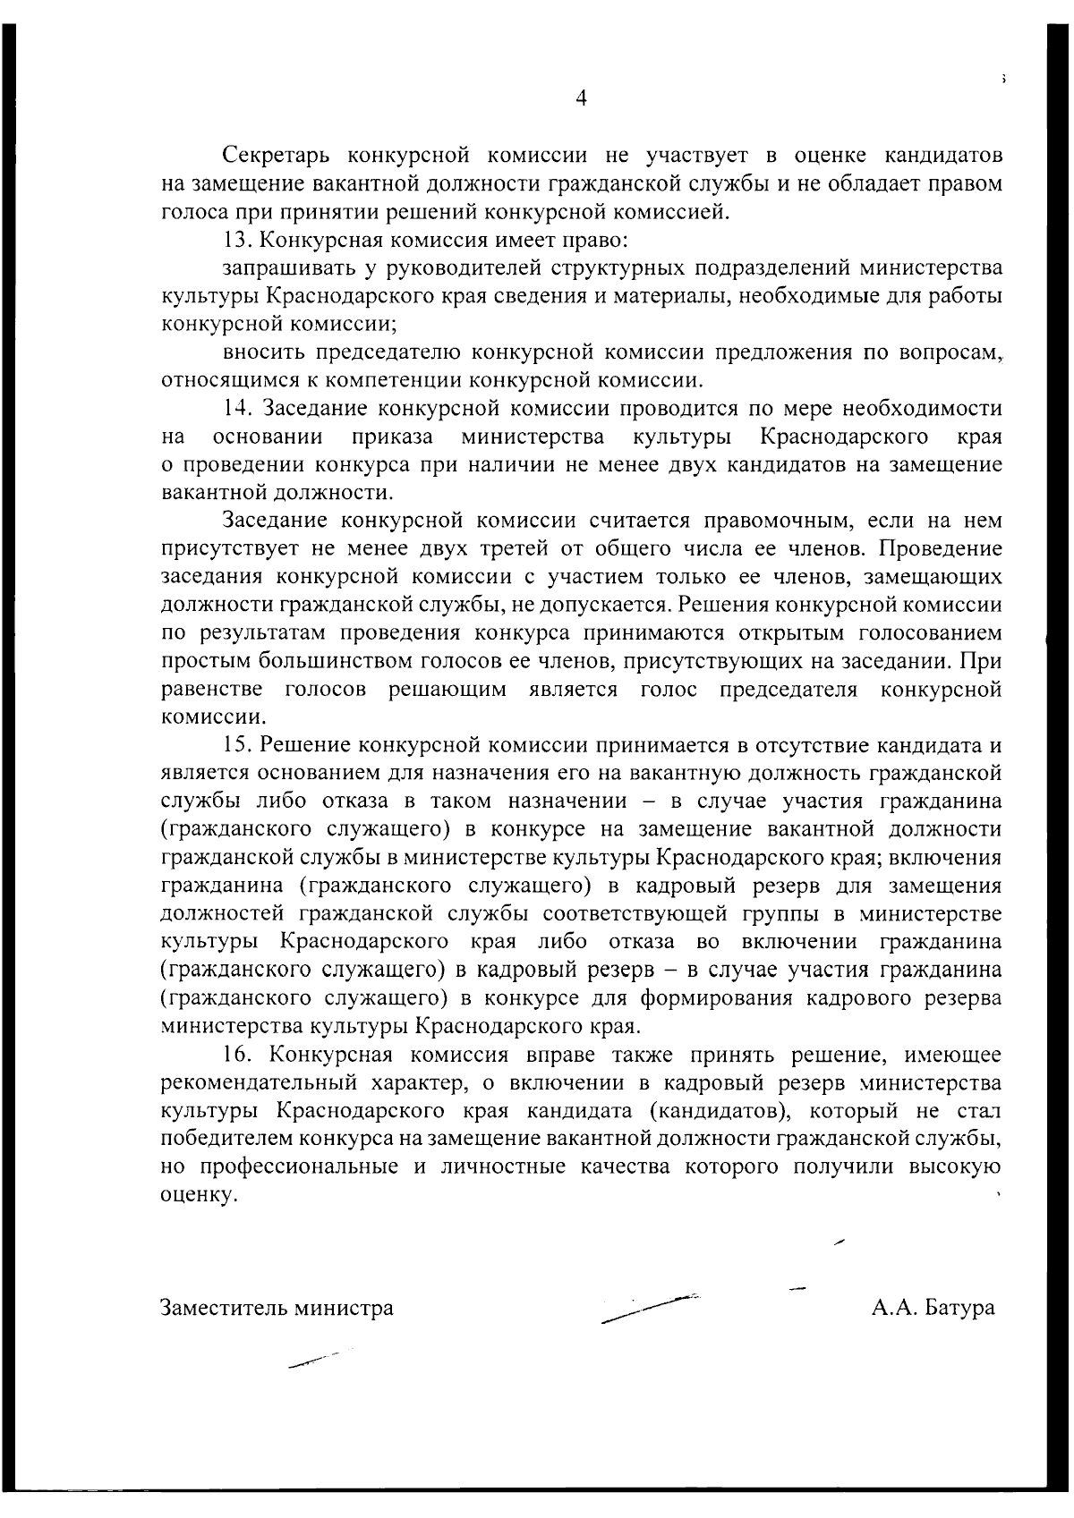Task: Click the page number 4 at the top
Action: [x=581, y=99]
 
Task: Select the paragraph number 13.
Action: [x=236, y=241]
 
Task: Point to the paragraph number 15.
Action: [x=237, y=745]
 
